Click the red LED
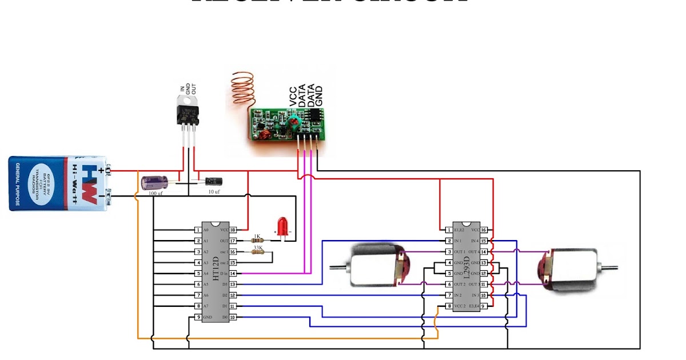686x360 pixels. (282, 225)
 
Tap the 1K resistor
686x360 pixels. (257, 241)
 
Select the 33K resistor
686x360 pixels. (257, 251)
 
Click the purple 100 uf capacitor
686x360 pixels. (154, 183)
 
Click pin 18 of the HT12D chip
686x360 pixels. (233, 229)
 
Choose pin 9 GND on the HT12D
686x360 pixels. (197, 317)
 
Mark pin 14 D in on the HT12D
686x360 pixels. (233, 274)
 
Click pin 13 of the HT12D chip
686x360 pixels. (233, 284)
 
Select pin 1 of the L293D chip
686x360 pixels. (449, 230)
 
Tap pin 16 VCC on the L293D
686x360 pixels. (484, 230)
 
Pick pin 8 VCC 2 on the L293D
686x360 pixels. (449, 306)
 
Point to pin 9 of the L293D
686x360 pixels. (484, 306)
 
